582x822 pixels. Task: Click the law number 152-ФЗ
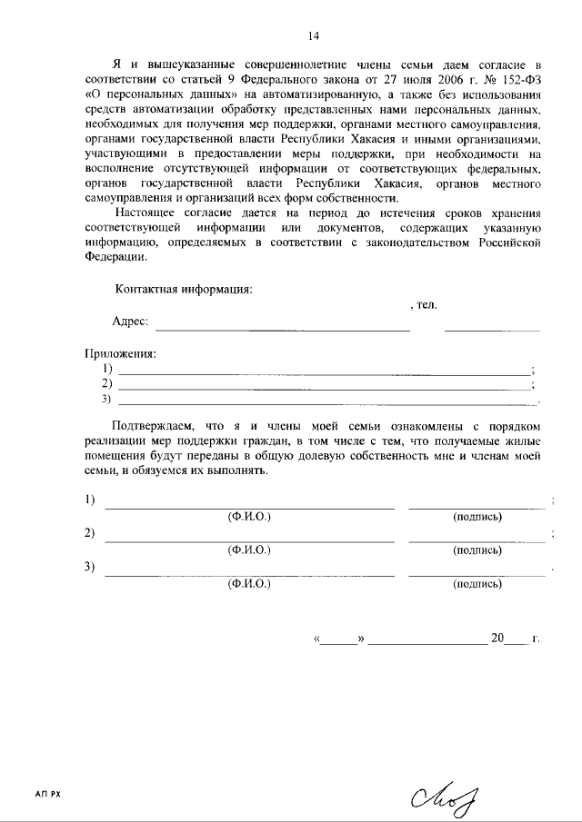point(522,79)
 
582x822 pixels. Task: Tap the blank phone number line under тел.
point(491,328)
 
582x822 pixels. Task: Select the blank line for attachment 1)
point(324,373)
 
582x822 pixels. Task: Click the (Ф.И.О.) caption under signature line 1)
point(250,516)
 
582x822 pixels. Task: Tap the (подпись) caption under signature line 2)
point(477,550)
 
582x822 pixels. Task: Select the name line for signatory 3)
point(250,574)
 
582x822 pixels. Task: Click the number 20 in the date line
point(497,638)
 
